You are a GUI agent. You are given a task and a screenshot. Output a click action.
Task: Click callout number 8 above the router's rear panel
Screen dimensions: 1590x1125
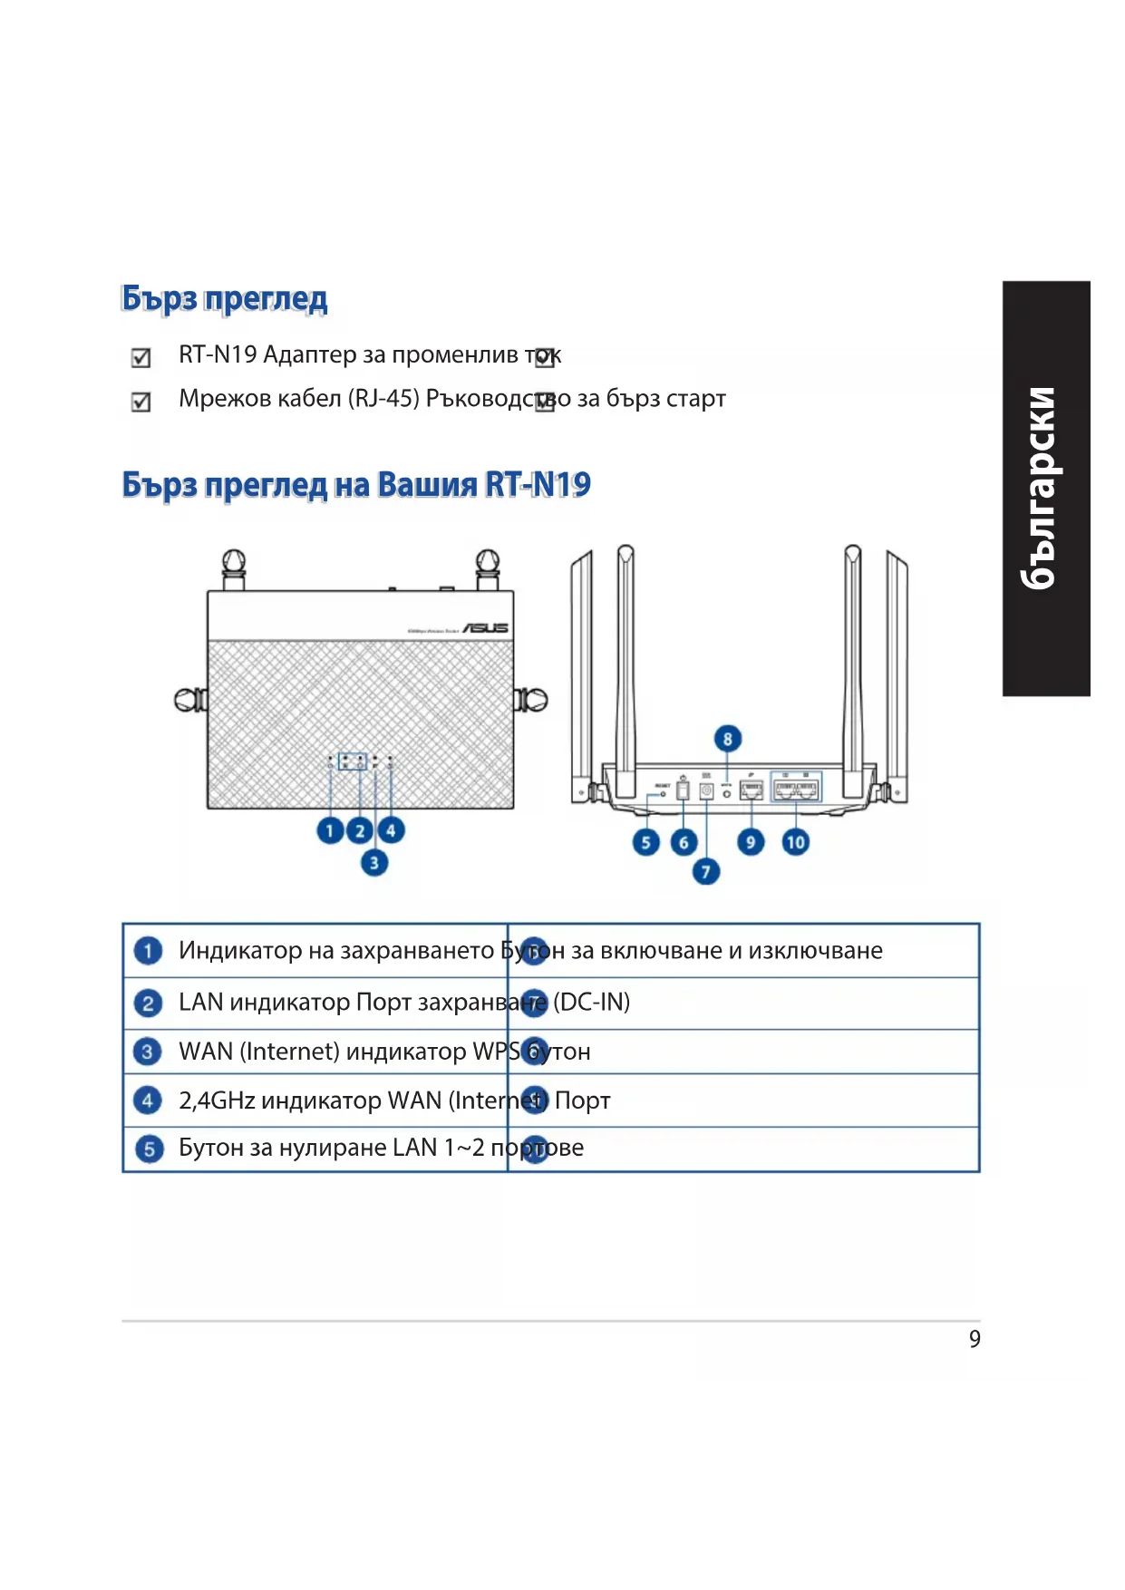tap(727, 739)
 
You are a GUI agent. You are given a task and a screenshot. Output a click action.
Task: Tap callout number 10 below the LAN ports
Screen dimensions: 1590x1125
tap(795, 842)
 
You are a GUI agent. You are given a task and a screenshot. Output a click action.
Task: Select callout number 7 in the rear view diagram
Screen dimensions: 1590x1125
tap(705, 872)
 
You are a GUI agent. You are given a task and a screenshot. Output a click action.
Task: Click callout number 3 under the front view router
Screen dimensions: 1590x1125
tap(373, 862)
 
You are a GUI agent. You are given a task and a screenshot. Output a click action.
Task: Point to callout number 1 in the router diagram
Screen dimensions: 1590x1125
tap(330, 830)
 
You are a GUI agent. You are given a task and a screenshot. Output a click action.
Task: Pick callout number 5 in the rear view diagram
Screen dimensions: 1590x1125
tap(645, 842)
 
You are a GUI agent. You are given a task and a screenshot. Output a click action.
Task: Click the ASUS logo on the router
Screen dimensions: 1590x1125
tap(485, 627)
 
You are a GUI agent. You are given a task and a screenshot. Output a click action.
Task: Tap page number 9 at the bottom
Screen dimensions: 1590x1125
tap(975, 1339)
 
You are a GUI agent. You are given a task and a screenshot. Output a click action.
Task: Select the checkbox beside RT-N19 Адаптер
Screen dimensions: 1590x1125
tap(141, 358)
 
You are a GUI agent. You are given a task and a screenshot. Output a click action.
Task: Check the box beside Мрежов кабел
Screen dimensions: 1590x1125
tap(141, 402)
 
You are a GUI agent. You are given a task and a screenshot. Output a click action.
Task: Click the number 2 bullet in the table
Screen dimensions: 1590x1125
tap(148, 1003)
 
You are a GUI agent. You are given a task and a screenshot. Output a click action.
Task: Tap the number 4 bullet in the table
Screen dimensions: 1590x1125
tap(148, 1100)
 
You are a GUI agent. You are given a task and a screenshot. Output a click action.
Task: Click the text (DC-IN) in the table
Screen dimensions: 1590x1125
tap(591, 1002)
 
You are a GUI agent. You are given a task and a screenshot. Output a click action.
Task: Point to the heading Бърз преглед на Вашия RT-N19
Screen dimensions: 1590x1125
tap(356, 485)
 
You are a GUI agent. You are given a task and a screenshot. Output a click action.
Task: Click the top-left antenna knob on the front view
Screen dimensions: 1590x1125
tap(233, 562)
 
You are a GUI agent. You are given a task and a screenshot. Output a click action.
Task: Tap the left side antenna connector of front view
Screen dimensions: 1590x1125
tap(189, 700)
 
